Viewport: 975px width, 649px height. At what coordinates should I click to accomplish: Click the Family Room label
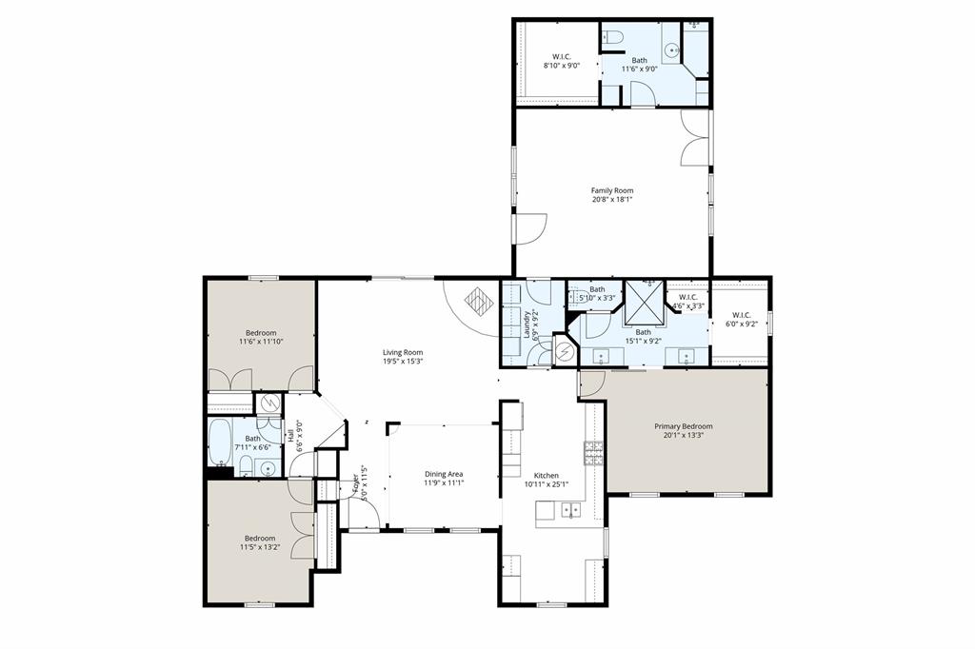pyautogui.click(x=611, y=190)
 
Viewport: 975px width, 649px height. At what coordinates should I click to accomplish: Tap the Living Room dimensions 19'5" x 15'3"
pyautogui.click(x=402, y=362)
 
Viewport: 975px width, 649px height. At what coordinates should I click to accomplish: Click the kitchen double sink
pyautogui.click(x=571, y=510)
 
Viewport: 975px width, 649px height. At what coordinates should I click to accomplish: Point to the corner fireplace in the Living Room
pyautogui.click(x=476, y=304)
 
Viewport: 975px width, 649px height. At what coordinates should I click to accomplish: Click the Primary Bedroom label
pyautogui.click(x=683, y=426)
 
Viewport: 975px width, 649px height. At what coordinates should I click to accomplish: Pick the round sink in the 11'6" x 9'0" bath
pyautogui.click(x=675, y=49)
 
